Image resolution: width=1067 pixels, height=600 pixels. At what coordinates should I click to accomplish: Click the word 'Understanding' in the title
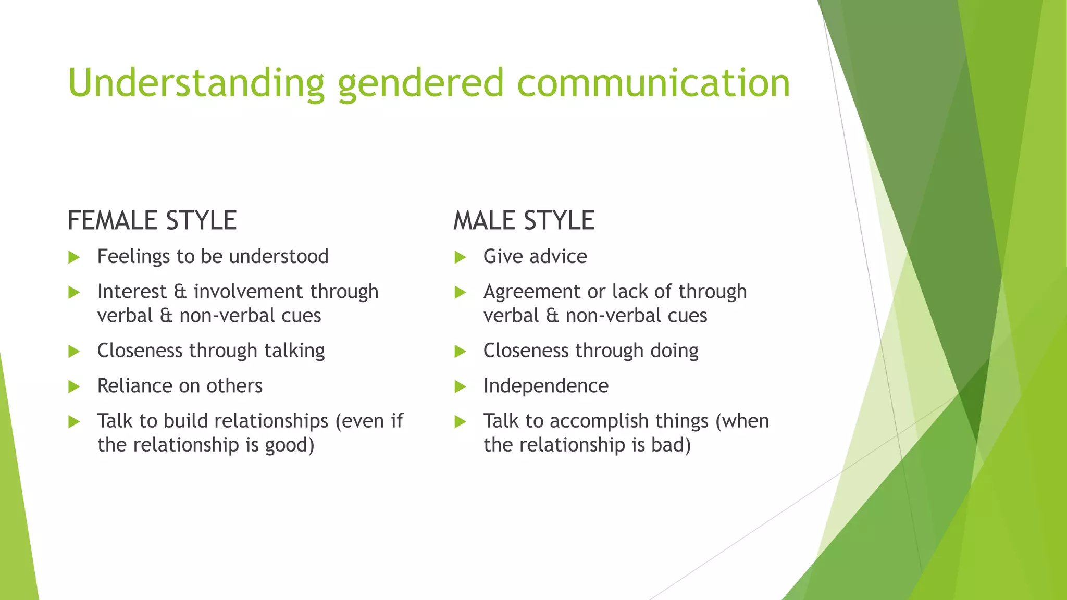(196, 83)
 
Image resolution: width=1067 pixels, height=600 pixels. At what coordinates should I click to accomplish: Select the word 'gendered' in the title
(420, 83)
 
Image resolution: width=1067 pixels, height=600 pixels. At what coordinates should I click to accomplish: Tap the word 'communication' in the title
(653, 83)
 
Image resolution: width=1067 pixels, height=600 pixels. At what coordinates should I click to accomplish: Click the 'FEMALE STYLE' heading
(152, 220)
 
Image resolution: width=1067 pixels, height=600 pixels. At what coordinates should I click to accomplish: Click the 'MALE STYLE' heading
(524, 220)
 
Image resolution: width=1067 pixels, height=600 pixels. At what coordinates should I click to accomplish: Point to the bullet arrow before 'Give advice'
(460, 257)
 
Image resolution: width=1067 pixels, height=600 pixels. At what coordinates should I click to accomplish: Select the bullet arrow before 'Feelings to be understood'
(73, 257)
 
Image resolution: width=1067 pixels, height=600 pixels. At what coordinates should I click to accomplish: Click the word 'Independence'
(545, 386)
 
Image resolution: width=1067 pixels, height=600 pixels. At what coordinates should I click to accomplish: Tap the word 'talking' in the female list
(294, 351)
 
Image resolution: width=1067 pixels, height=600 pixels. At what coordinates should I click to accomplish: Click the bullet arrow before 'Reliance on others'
(73, 387)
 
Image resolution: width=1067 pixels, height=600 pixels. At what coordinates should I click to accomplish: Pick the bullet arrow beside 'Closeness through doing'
(460, 352)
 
